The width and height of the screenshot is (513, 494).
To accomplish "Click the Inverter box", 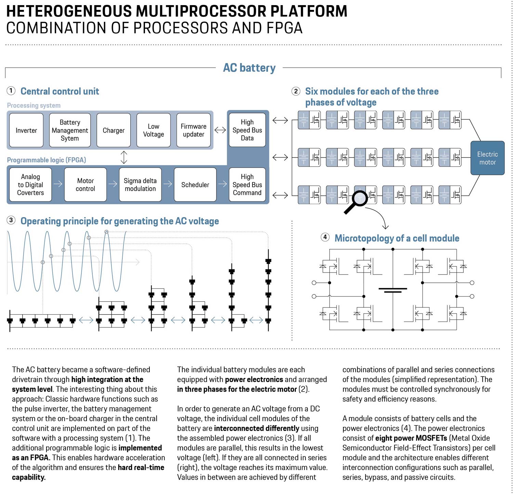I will (x=26, y=130).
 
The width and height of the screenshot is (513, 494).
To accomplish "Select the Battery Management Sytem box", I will (x=70, y=130).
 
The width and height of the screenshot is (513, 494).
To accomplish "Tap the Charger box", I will (x=114, y=130).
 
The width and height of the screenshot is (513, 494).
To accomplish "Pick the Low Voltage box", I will (x=154, y=130).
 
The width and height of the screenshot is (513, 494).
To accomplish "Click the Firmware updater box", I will (x=194, y=130).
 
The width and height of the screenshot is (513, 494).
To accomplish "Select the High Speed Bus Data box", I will (x=247, y=130).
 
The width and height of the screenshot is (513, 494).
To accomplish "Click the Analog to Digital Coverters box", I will (x=30, y=185).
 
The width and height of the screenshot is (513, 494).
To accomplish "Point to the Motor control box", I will (x=85, y=185).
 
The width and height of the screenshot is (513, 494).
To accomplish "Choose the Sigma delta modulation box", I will (x=140, y=185).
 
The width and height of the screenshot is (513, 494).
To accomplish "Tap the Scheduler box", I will (x=195, y=185).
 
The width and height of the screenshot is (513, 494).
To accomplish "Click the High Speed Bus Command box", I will (x=247, y=185).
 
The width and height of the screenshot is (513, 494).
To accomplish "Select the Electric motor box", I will (x=487, y=158).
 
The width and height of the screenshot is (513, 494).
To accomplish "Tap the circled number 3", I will (x=11, y=220).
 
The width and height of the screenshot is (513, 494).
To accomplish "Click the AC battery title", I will (x=249, y=68).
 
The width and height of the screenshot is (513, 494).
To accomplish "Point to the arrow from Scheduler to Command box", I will (x=223, y=184).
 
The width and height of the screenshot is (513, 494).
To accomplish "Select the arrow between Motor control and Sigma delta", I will (x=113, y=184).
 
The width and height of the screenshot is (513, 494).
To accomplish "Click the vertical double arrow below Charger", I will (x=124, y=157).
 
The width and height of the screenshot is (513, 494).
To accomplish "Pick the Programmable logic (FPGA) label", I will (x=47, y=160).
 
